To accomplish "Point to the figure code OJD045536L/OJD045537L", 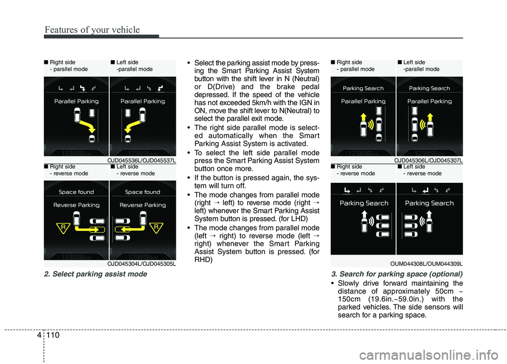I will (x=142, y=160).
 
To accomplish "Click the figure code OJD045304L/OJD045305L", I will (x=142, y=263).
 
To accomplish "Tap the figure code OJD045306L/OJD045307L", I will (x=428, y=160).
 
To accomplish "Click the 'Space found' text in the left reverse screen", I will (x=76, y=192).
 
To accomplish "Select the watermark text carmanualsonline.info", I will (x=444, y=349).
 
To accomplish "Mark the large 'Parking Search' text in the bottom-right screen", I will (x=429, y=203).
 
